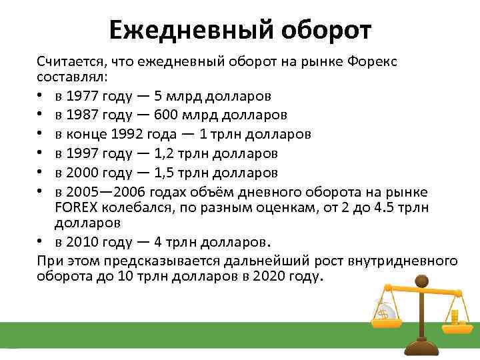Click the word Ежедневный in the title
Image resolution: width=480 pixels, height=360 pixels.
click(190, 29)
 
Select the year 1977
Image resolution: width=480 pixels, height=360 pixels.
click(83, 97)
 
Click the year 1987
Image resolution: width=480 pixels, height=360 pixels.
click(83, 115)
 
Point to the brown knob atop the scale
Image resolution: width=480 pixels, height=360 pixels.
click(420, 285)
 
